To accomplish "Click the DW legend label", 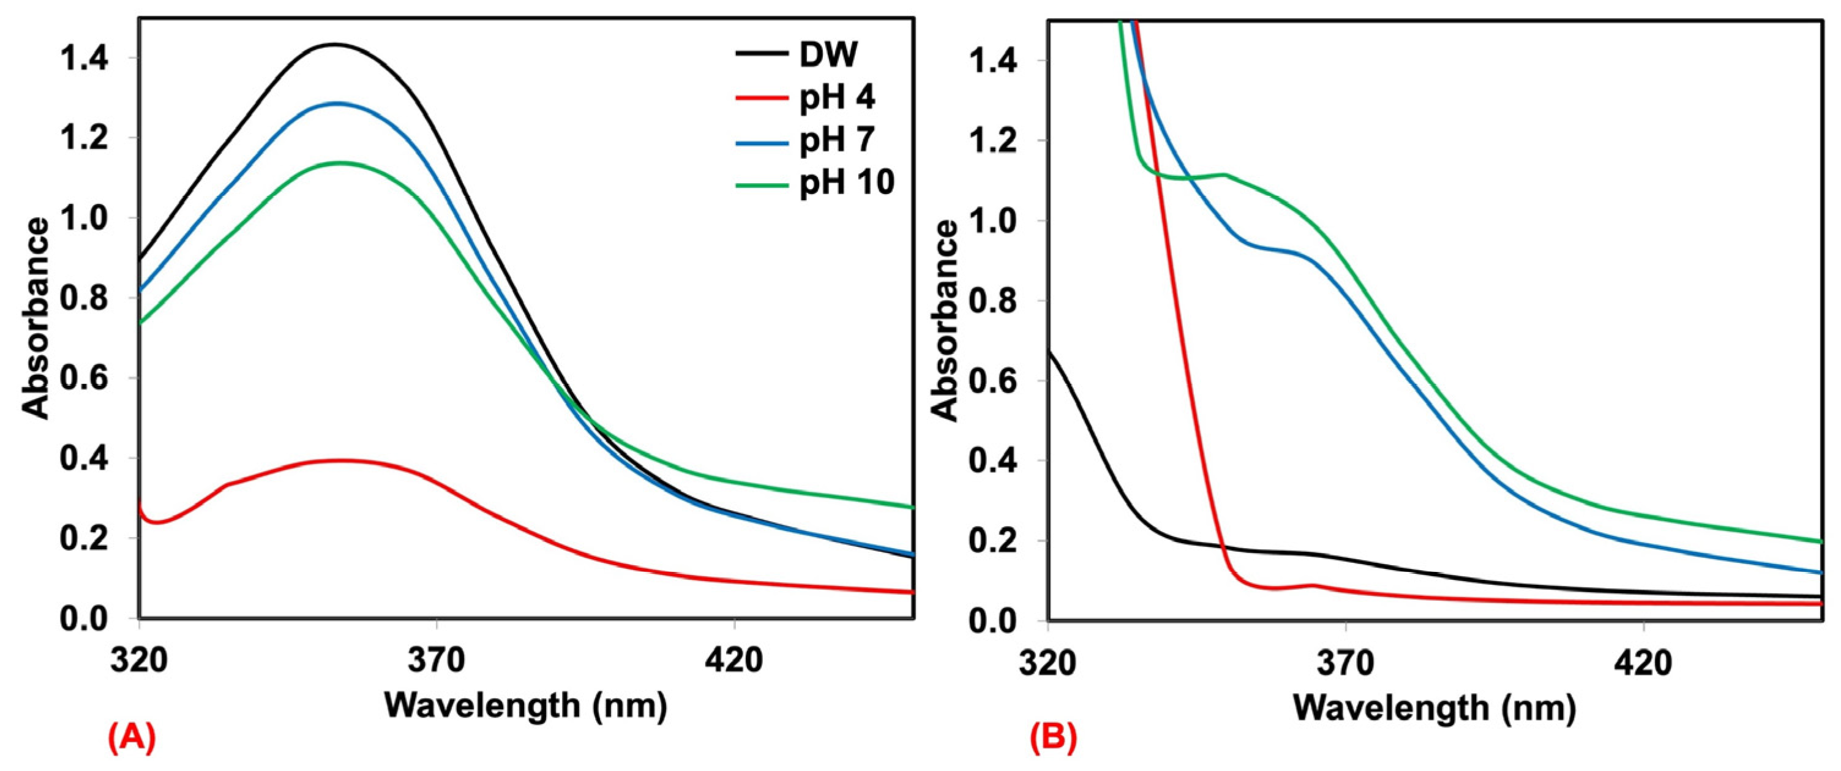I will point(828,55).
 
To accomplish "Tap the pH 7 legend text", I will point(837,140).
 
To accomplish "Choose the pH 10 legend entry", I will point(846,183).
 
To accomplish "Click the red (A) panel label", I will point(132,737).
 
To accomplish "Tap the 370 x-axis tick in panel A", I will point(436,661).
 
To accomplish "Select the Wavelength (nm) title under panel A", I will point(525,706).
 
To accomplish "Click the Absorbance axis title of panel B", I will point(947,322).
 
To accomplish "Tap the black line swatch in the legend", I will point(762,56).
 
